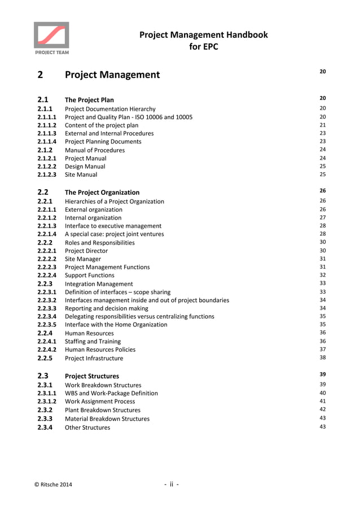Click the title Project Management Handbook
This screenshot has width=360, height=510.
tap(203, 35)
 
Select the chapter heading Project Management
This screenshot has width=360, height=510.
tap(112, 75)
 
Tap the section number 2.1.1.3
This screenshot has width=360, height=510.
tap(47, 133)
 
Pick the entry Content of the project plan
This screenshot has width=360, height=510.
tap(102, 125)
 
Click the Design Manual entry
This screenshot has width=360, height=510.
tap(85, 167)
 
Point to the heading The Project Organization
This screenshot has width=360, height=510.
tap(102, 193)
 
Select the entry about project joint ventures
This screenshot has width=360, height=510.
tap(115, 234)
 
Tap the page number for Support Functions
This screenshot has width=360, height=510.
tap(323, 275)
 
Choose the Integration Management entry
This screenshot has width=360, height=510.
tap(99, 284)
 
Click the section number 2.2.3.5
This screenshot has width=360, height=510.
tap(47, 324)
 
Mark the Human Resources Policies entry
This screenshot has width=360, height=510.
tap(100, 350)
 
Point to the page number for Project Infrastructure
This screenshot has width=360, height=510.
tap(323, 358)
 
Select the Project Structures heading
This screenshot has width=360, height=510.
tap(92, 376)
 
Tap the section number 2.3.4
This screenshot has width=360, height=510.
tap(45, 428)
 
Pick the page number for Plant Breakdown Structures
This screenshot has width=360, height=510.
tap(323, 409)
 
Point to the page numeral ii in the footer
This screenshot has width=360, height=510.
tap(171, 484)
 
